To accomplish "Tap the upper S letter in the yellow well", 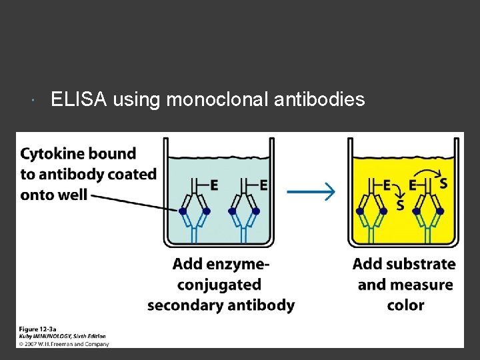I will (x=443, y=182).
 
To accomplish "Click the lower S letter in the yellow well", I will (x=400, y=205).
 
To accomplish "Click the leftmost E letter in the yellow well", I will (x=387, y=185).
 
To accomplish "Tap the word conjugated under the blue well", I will (x=219, y=285).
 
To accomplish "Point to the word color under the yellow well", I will (x=405, y=305).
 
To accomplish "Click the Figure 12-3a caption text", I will (x=39, y=329).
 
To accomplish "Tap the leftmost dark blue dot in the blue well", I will (x=183, y=211).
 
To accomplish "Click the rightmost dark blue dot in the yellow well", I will (x=440, y=211).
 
